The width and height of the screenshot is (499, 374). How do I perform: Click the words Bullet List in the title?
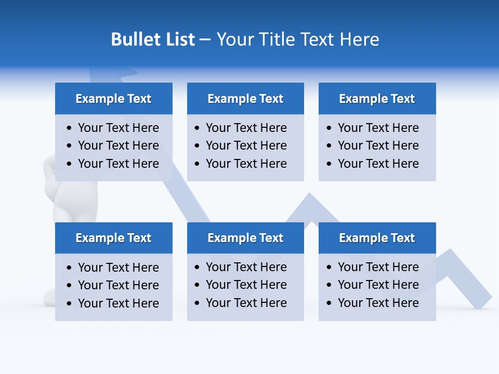(153, 39)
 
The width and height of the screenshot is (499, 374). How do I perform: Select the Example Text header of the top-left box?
(113, 99)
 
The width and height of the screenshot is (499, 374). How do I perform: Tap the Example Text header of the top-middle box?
(245, 99)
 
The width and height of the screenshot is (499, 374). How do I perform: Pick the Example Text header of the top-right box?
(377, 99)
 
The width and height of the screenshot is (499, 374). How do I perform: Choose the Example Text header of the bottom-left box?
(113, 238)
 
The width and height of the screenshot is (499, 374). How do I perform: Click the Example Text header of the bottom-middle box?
(245, 238)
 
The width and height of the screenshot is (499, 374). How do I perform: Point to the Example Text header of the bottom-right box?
(377, 238)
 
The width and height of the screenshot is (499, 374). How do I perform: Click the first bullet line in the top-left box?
(118, 128)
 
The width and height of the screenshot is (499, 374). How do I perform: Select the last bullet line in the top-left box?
(118, 164)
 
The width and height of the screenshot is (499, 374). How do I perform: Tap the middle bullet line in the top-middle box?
(246, 145)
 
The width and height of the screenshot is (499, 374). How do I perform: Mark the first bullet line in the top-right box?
(378, 128)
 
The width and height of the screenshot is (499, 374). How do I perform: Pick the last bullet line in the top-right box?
(378, 164)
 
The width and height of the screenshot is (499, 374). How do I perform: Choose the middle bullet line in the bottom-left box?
(118, 285)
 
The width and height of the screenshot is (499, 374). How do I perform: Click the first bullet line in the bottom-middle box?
(246, 267)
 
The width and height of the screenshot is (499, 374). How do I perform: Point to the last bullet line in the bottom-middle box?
(246, 303)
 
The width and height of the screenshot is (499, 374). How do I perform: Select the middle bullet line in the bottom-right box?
(378, 285)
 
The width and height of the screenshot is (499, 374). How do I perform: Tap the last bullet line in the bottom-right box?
(378, 303)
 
